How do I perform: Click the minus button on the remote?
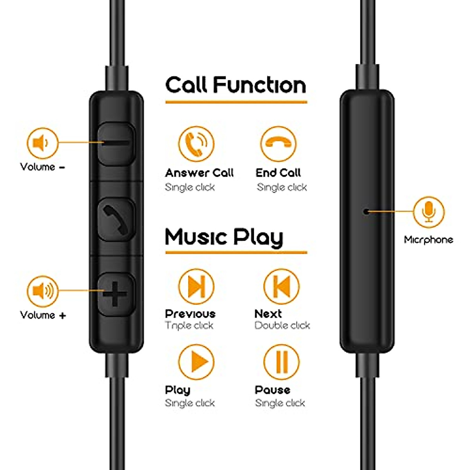click(116, 143)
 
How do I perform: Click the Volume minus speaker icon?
click(42, 143)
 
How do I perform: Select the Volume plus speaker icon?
click(42, 291)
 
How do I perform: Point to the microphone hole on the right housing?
click(366, 211)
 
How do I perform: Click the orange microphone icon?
click(429, 212)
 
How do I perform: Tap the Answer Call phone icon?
click(196, 144)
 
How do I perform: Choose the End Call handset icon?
click(278, 144)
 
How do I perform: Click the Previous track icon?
click(196, 287)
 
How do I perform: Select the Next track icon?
click(281, 287)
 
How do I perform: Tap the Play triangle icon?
click(196, 362)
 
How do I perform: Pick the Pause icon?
click(281, 362)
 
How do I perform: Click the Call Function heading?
click(235, 85)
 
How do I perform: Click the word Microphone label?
click(428, 240)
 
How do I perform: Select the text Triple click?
click(189, 325)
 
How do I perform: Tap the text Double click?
click(282, 325)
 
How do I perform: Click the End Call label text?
click(278, 173)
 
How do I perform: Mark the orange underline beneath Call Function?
click(236, 102)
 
